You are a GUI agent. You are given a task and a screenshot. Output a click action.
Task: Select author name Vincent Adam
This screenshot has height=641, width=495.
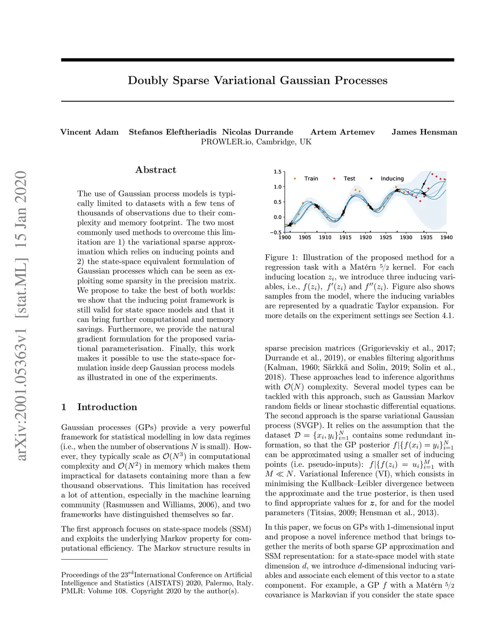pos(89,132)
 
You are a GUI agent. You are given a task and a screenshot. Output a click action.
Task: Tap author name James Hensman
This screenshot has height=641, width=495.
pos(424,132)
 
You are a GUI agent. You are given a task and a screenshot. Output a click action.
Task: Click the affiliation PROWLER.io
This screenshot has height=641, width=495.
pos(227,142)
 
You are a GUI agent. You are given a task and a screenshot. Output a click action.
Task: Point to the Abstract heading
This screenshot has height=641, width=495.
pos(156,170)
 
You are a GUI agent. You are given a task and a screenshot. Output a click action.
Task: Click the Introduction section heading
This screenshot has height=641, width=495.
pos(107,407)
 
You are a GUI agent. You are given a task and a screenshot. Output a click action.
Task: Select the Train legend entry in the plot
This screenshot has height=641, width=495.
pos(311,179)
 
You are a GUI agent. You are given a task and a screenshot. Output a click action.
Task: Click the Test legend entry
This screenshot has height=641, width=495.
pos(349,179)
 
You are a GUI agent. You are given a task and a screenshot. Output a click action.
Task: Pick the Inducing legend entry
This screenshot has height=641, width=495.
pos(392,179)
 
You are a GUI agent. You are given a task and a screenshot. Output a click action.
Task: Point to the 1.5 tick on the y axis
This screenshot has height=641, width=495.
pos(277,172)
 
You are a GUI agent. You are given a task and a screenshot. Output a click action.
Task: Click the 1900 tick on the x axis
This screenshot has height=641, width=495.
pos(285,238)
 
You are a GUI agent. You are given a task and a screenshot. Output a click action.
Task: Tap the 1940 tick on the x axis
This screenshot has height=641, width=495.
pos(446,238)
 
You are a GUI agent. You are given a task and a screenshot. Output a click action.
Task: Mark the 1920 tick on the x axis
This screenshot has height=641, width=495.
pos(365,238)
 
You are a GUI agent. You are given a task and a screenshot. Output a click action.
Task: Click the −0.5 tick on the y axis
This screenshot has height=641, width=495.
pos(276,233)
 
